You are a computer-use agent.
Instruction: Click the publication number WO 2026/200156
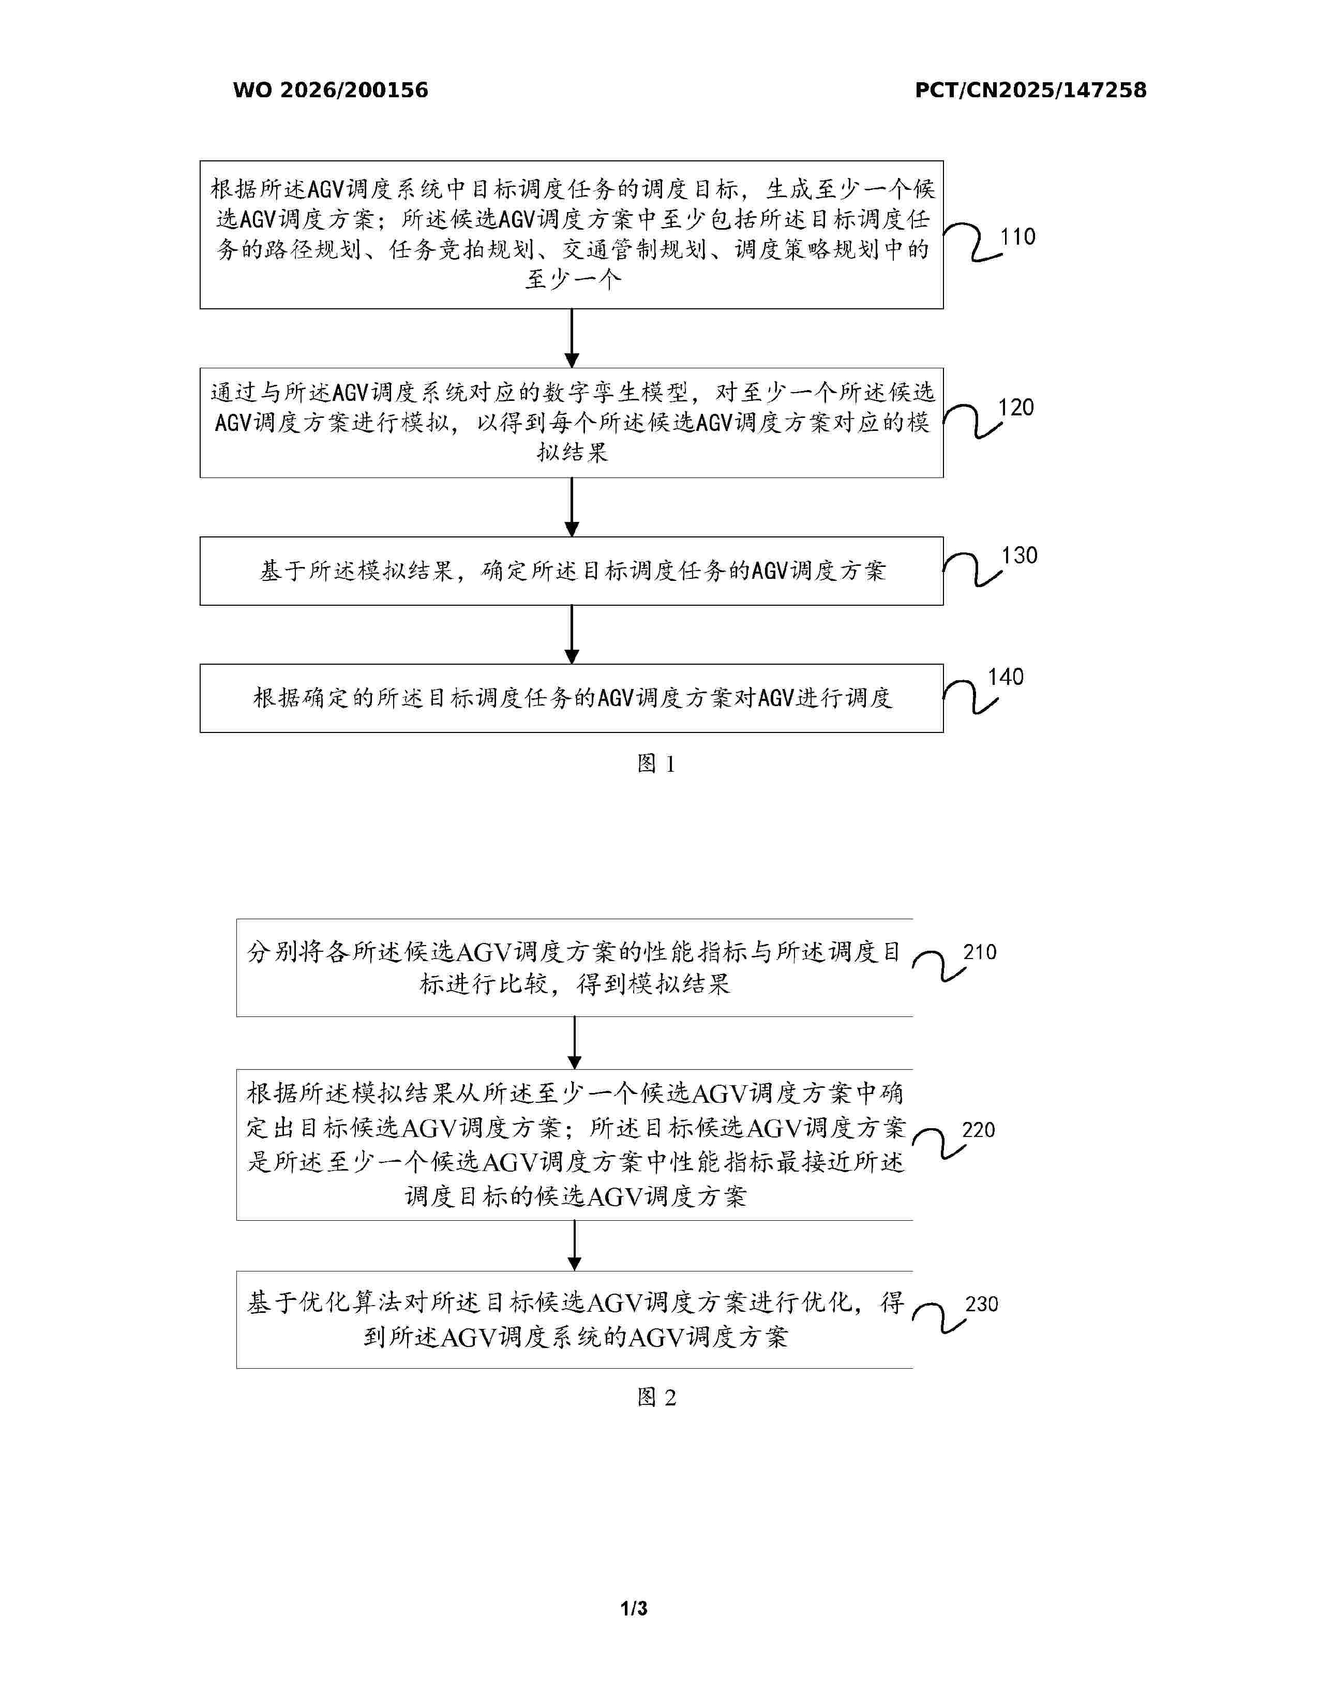[x=331, y=91]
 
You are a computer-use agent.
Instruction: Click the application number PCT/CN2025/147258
[x=1031, y=91]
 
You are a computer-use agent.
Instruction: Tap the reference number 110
[x=1017, y=237]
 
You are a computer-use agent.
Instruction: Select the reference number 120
[x=1016, y=407]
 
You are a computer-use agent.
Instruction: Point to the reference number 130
[x=1019, y=556]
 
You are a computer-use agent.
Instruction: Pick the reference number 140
[x=1006, y=677]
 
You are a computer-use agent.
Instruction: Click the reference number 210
[x=980, y=952]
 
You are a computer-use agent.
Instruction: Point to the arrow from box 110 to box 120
[x=572, y=338]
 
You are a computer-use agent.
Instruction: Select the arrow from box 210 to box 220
[x=574, y=1043]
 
